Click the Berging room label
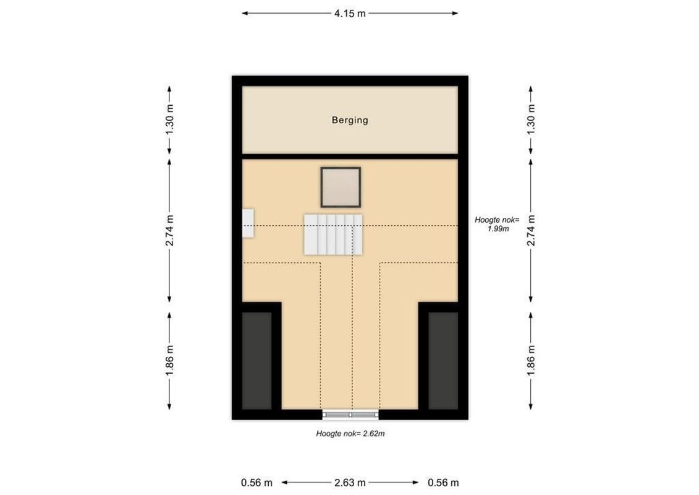click(350, 121)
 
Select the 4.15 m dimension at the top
click(350, 14)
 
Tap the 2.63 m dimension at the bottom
click(350, 483)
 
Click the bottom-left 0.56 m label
click(257, 483)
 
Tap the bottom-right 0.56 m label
click(443, 483)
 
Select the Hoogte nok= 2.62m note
click(350, 434)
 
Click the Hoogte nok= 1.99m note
click(498, 224)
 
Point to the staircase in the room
click(333, 235)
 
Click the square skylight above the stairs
click(341, 187)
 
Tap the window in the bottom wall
click(350, 415)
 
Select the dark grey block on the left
click(256, 361)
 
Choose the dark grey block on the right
click(443, 361)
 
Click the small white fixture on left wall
click(248, 223)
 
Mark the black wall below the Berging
click(350, 156)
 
